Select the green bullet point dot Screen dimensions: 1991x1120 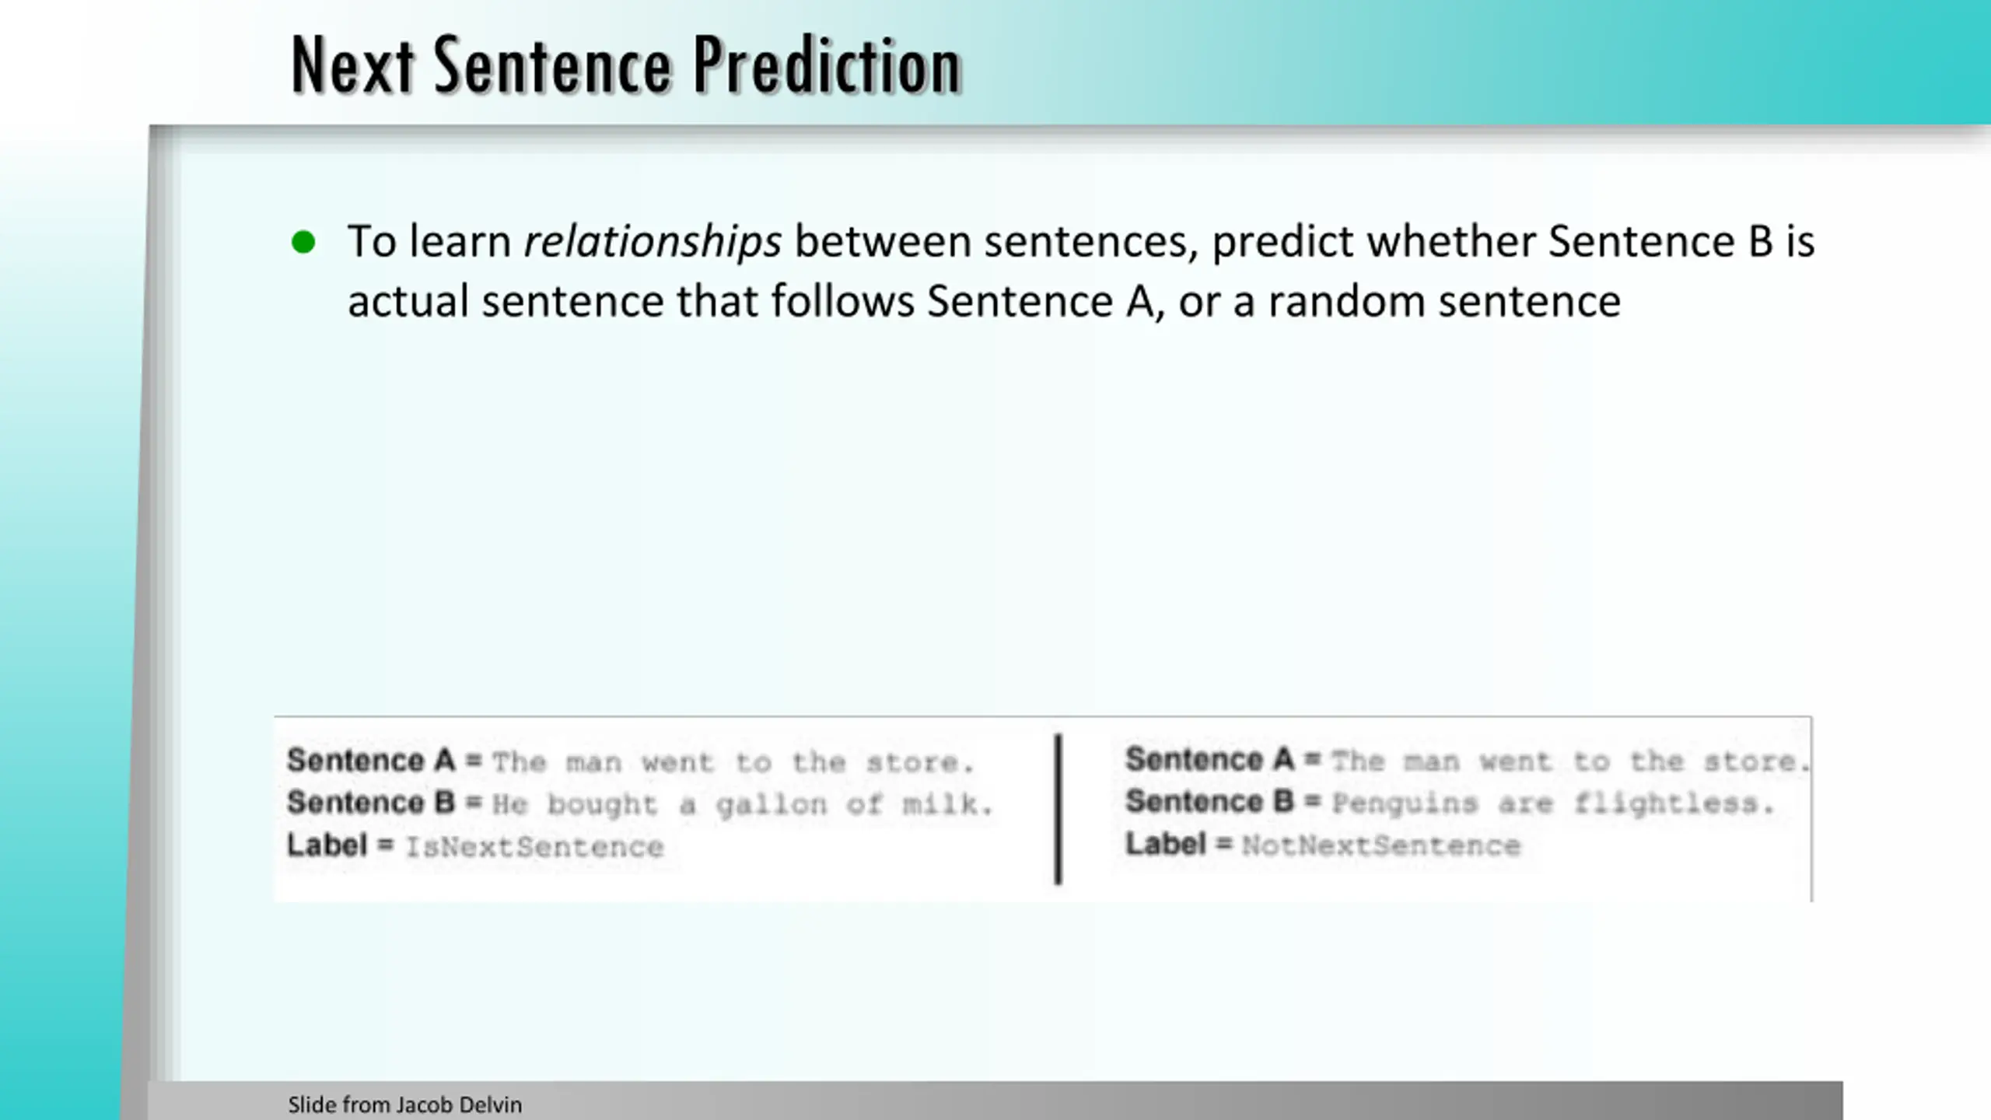tap(303, 243)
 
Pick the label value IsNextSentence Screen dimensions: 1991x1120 tap(535, 847)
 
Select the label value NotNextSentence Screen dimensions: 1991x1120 tap(1381, 845)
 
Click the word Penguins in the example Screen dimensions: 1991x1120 tap(1405, 803)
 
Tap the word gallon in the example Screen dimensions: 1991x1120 tap(772, 805)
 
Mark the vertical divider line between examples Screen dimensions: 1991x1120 tap(1058, 809)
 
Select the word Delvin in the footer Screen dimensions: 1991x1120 tap(491, 1104)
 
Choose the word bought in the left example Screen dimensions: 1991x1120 tap(603, 805)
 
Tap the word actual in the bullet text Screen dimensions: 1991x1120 tap(408, 302)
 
